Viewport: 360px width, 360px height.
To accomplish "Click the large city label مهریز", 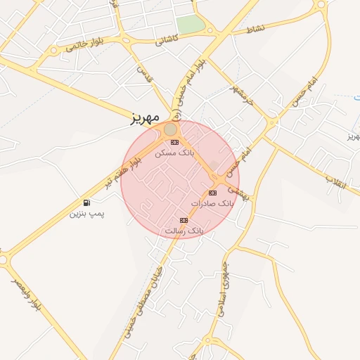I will pyautogui.click(x=146, y=117).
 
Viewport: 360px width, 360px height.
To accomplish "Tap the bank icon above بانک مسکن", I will pyautogui.click(x=174, y=142).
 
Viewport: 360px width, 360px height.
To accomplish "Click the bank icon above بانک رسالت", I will pyautogui.click(x=184, y=220).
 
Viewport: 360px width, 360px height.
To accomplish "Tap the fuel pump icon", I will pyautogui.click(x=86, y=202).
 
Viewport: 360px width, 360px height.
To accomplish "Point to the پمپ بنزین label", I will pyautogui.click(x=86, y=213).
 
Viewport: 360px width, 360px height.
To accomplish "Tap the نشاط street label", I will pyautogui.click(x=256, y=30).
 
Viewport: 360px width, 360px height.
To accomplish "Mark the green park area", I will pyautogui.click(x=190, y=24).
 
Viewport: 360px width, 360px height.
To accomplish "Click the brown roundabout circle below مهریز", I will pyautogui.click(x=171, y=130).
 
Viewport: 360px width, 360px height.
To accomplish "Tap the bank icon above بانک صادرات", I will pyautogui.click(x=212, y=193).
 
